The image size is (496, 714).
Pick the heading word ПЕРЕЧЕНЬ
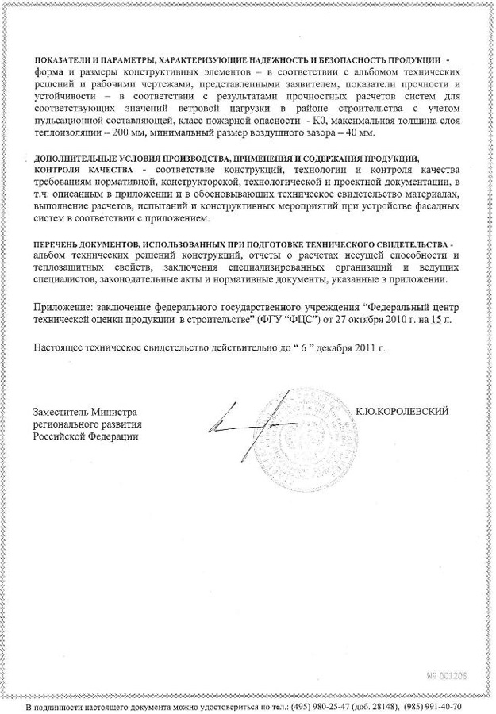click(x=60, y=243)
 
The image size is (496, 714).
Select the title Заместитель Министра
click(x=85, y=413)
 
